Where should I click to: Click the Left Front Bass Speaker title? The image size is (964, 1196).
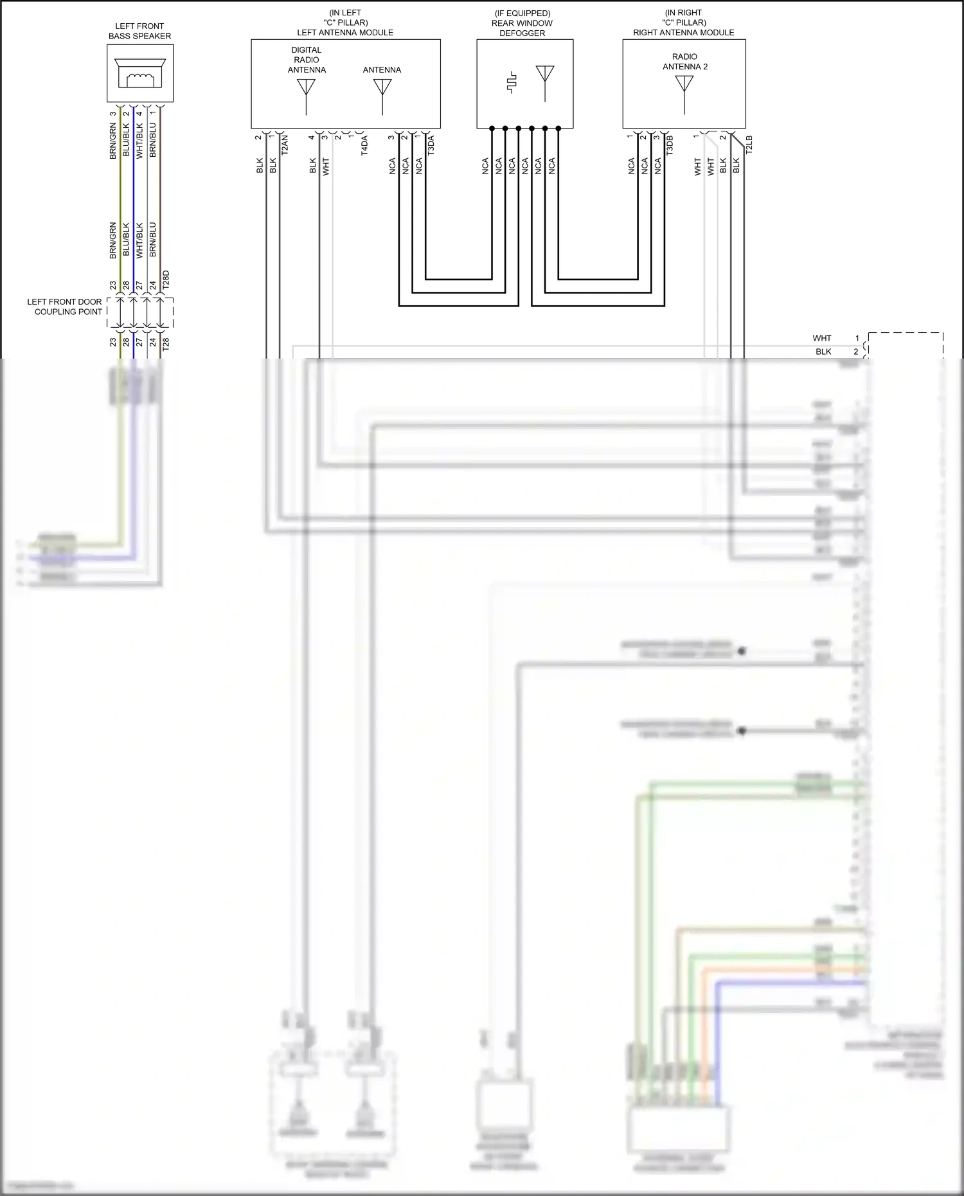coord(139,31)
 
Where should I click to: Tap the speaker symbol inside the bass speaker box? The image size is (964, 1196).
coord(140,73)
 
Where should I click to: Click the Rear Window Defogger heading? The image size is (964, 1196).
coord(522,23)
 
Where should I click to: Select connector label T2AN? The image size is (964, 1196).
coord(285,144)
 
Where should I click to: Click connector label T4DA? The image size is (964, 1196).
coord(364,145)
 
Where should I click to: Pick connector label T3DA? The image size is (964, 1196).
coord(431,145)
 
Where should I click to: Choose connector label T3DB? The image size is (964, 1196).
coord(670,145)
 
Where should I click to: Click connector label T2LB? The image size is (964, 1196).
coord(749,144)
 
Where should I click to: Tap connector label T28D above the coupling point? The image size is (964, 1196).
coord(166,280)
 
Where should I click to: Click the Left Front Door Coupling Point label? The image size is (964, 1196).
coord(64,307)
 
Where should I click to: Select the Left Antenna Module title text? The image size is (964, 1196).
coord(345,32)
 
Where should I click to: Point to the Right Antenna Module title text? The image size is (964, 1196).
coord(683,32)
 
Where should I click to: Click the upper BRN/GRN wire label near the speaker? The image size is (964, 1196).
coord(113,141)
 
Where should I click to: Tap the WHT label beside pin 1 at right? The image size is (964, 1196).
coord(822,338)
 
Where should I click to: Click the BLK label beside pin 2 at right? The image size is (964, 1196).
coord(823,352)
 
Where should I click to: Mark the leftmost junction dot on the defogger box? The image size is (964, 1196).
coord(492,129)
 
